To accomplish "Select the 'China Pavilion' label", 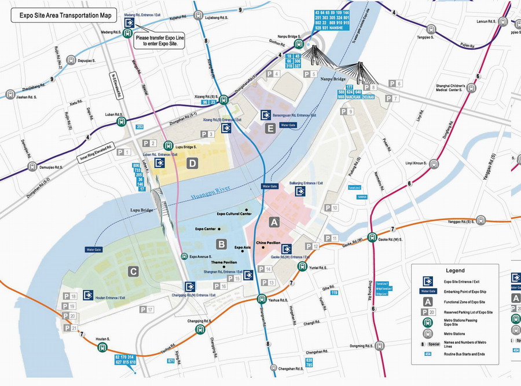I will pyautogui.click(x=268, y=243).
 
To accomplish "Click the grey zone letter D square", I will pyautogui.click(x=192, y=164).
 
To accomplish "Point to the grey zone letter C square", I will pyautogui.click(x=133, y=271).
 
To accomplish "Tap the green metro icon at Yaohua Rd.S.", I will pyautogui.click(x=262, y=299).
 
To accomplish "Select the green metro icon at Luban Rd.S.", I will pyautogui.click(x=121, y=122).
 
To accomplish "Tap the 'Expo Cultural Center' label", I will pyautogui.click(x=234, y=214).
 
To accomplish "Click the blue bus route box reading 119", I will pyautogui.click(x=334, y=293).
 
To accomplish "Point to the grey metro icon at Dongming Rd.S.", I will pyautogui.click(x=380, y=346).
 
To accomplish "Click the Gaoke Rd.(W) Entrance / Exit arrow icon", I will pyautogui.click(x=286, y=249).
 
